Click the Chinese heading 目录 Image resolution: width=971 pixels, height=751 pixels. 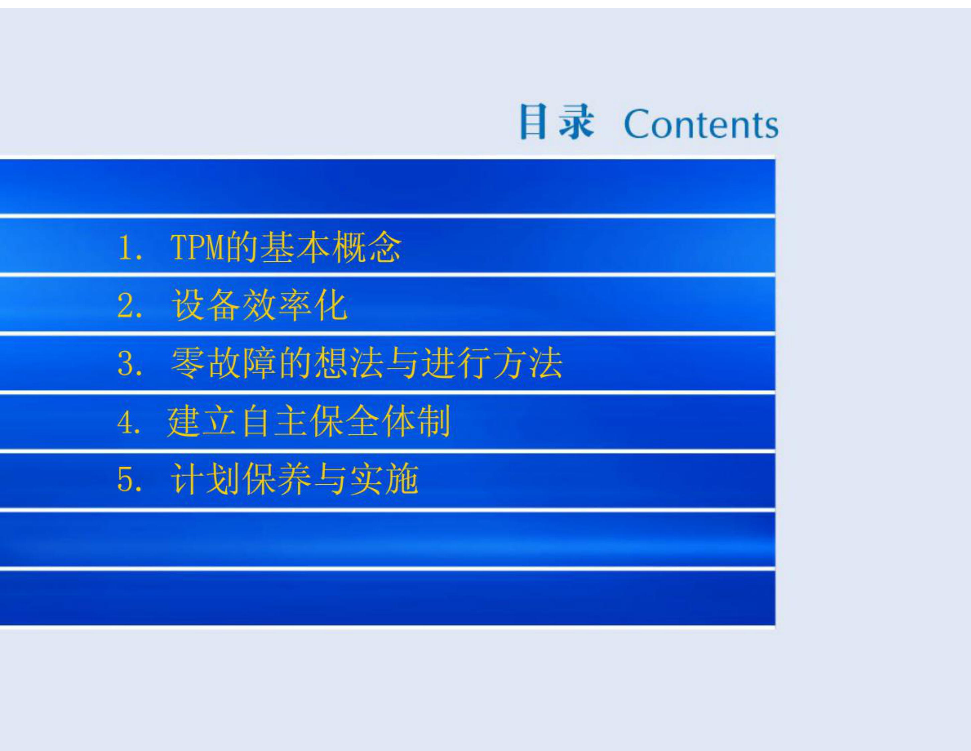click(556, 121)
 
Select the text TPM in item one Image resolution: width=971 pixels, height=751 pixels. click(198, 247)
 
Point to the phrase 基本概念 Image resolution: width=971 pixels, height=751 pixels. click(330, 247)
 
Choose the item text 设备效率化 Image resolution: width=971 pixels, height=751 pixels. click(259, 305)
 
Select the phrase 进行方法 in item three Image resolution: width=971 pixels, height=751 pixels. click(492, 363)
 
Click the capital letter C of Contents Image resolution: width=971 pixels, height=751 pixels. click(637, 124)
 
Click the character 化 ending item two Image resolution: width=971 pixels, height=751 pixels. click(331, 305)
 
